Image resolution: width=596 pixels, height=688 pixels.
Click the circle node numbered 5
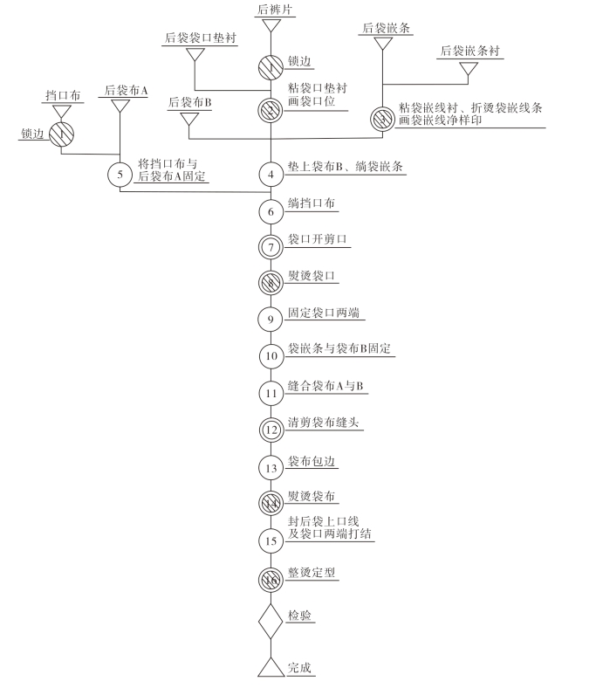(120, 174)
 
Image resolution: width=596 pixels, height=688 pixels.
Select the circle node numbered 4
(271, 174)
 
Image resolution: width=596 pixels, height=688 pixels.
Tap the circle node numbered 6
(271, 210)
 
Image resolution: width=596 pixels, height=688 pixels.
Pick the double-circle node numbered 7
(271, 247)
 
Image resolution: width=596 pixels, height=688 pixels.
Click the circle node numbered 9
(271, 319)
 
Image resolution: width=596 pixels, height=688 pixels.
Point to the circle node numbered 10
(271, 355)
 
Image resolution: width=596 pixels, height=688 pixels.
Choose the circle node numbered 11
(271, 392)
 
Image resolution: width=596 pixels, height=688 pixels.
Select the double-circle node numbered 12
(271, 429)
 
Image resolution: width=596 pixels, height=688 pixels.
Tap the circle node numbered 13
(271, 466)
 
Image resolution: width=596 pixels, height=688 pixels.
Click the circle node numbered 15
(271, 540)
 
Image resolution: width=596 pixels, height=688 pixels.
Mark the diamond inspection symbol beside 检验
(271, 623)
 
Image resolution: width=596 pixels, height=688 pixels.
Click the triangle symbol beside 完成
(271, 668)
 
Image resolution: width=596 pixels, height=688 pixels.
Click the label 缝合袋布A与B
(325, 385)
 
